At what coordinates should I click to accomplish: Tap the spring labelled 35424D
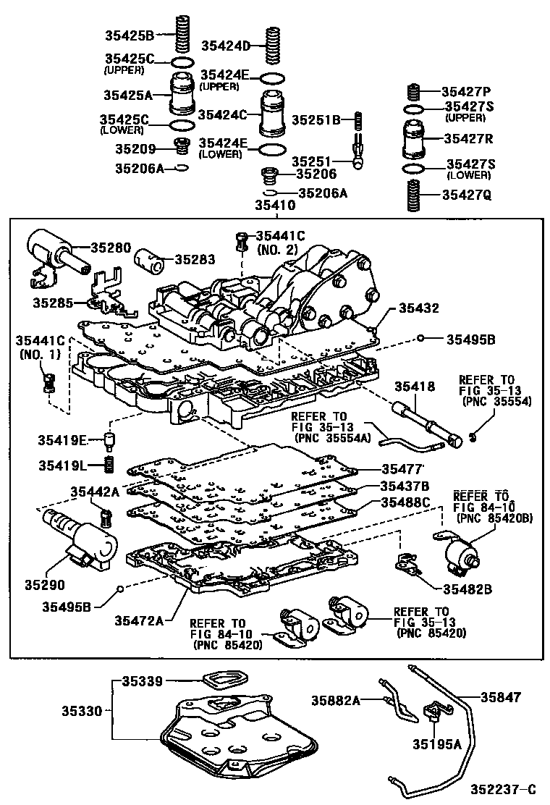point(273,46)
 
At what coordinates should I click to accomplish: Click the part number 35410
point(274,206)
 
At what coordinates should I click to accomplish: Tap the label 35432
point(419,308)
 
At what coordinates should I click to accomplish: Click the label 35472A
point(139,620)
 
